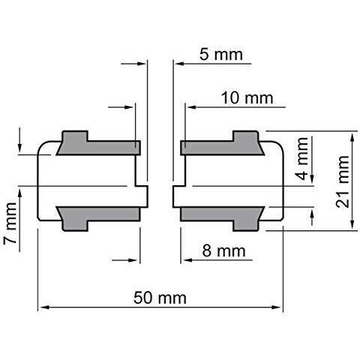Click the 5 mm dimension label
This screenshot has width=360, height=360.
click(x=221, y=55)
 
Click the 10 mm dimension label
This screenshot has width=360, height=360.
click(x=247, y=97)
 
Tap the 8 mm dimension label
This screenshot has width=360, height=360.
click(x=223, y=250)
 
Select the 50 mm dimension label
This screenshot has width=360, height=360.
click(x=160, y=298)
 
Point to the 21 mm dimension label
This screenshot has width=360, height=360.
click(x=343, y=181)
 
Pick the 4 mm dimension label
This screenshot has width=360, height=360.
click(x=301, y=159)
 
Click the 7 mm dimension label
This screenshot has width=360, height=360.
click(x=10, y=223)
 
